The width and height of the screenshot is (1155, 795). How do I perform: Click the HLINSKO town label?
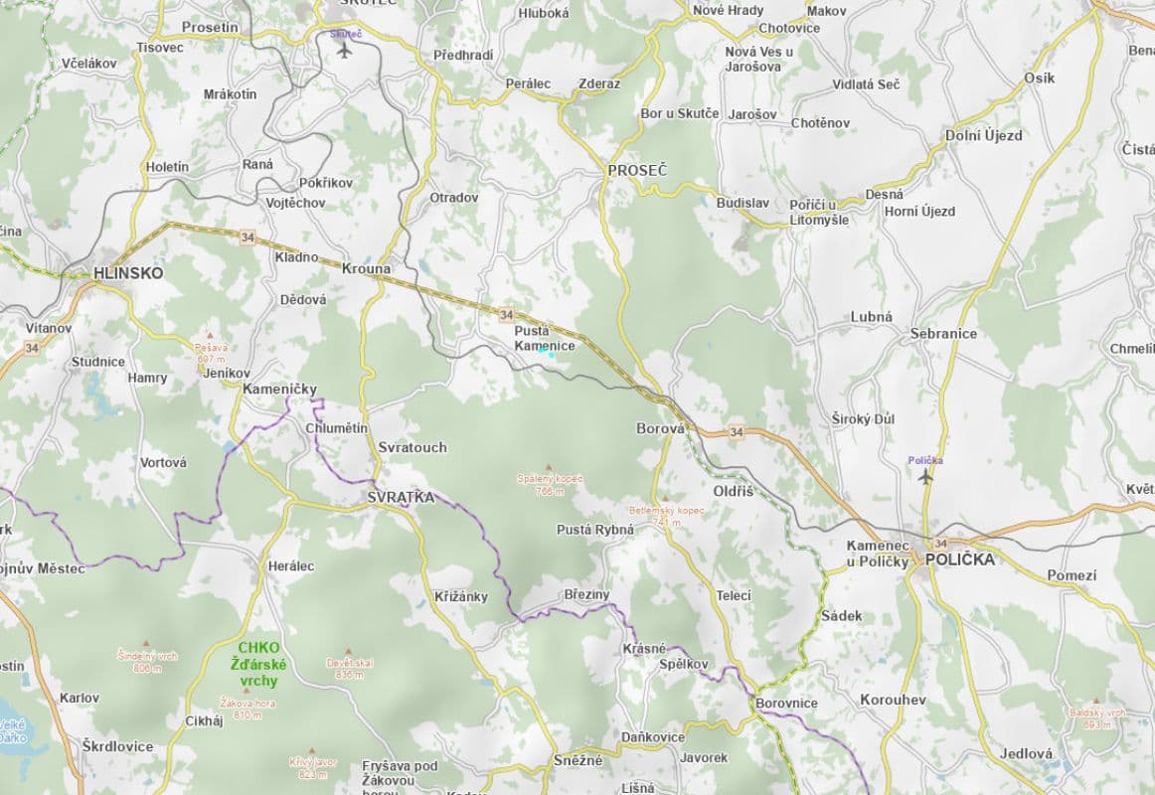tap(128, 272)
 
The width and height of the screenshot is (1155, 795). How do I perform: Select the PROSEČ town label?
tap(637, 171)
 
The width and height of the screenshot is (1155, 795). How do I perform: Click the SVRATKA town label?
tap(401, 497)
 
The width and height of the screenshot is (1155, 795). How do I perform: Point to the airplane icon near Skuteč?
tap(345, 50)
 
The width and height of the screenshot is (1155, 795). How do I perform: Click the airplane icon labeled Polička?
tap(925, 476)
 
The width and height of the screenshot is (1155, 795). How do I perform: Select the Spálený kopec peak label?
tap(549, 484)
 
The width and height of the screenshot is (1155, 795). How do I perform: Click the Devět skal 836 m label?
tap(349, 668)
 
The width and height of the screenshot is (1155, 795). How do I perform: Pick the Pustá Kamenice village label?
tap(545, 338)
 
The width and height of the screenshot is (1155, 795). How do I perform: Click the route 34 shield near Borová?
tap(736, 431)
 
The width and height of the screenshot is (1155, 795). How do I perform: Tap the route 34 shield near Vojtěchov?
tap(247, 237)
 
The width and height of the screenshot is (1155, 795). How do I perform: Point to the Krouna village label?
tap(366, 269)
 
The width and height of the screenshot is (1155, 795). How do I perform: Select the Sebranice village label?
tap(943, 334)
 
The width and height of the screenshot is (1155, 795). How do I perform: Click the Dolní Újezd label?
tap(983, 135)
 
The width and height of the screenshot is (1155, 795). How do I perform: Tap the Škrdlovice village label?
tap(117, 746)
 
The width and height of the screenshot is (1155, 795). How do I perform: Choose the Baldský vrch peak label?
tap(1097, 717)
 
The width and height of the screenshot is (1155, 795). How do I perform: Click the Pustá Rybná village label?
tap(594, 530)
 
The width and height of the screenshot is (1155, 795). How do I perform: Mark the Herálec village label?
tap(291, 566)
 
